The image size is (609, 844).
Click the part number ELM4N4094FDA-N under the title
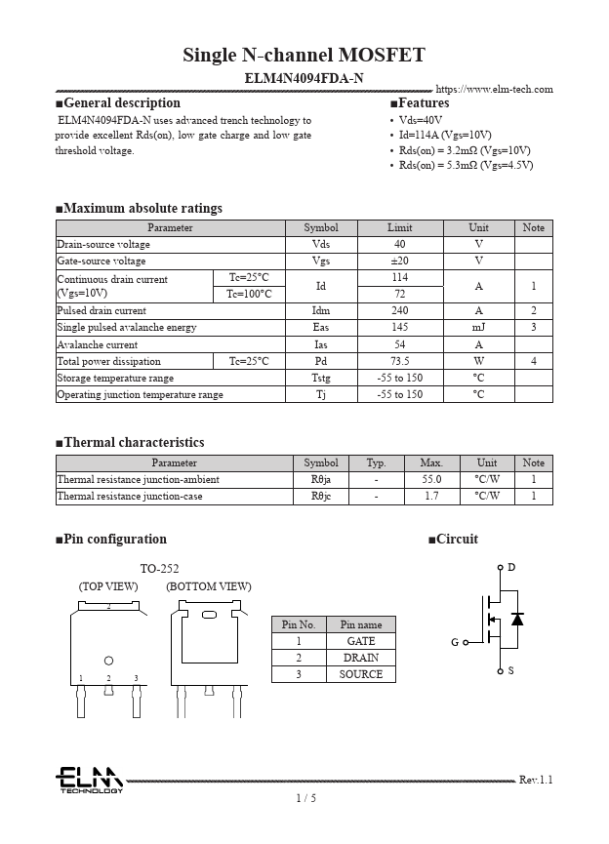coord(304,78)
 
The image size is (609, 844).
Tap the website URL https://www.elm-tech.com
coord(494,90)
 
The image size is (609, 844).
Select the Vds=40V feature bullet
coord(421,119)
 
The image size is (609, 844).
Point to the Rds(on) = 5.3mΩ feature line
coord(466,165)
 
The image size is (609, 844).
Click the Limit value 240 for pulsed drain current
coord(399,311)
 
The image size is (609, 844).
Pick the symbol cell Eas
coord(320,328)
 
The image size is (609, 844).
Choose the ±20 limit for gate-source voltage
coord(399,261)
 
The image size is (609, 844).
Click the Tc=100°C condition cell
coord(249,294)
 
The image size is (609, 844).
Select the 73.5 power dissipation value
coord(399,361)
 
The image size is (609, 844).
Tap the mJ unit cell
coord(478,328)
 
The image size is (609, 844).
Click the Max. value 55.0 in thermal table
coord(431,480)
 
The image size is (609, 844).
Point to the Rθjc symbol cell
coord(321,497)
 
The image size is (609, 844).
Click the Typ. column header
coord(376,463)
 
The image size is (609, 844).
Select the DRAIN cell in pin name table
coord(361,658)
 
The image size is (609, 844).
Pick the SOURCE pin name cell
coord(361,674)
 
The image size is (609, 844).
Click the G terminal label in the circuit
coord(455,643)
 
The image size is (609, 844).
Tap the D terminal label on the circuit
coord(511,568)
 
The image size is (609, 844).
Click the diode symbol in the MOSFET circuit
coord(517,619)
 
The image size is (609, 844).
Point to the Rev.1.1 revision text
coord(536,781)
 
